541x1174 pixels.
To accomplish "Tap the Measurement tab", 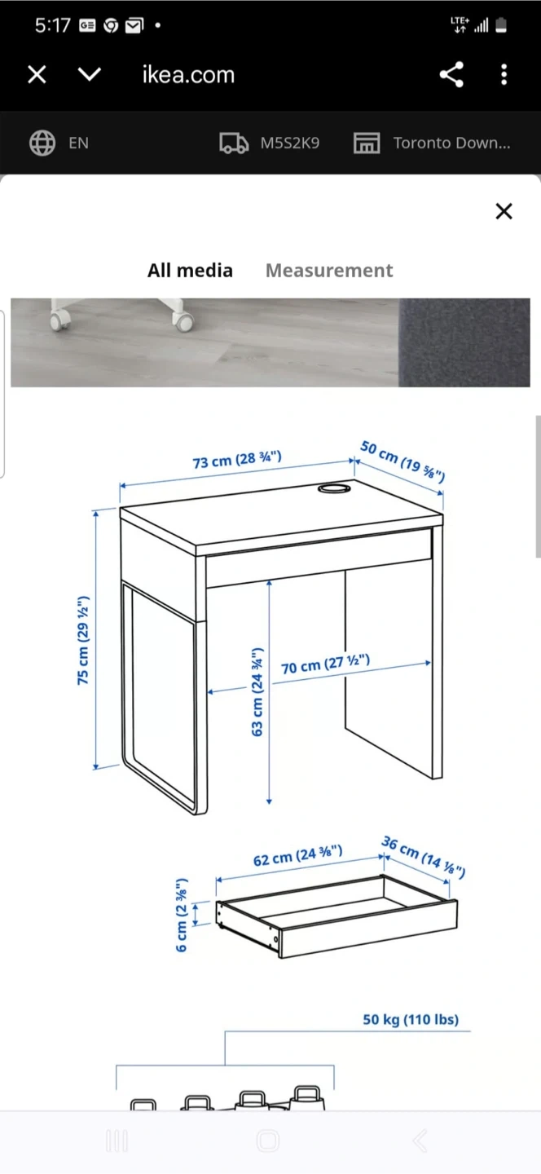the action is pos(329,271).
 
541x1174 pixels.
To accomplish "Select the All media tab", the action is pos(190,271).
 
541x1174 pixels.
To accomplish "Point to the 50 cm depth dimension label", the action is pos(402,461).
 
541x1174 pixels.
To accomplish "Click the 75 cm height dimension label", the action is pos(83,640).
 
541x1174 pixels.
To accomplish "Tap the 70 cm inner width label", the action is pos(325,664).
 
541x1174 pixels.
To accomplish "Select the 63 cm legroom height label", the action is pos(257,692).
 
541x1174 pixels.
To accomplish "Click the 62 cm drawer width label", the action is pos(297,856).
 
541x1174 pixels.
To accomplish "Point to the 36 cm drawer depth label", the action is pos(423,857).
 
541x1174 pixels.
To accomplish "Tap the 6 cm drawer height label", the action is pos(181,916).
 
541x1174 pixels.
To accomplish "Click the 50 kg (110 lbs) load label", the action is pos(411,1019).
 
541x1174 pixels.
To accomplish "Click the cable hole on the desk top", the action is pos(333,488).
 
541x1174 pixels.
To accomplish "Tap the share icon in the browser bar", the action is pos(451,74).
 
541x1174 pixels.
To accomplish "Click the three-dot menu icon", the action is pos(504,74).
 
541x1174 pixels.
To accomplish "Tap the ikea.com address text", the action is pos(188,75).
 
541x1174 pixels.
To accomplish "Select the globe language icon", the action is pos(42,143).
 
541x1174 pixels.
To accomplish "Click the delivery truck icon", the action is pos(234,143).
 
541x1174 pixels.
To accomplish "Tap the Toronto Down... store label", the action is pos(451,143).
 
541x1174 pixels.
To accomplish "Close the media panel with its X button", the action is pos(504,211).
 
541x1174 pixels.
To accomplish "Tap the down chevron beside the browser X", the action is pos(90,74).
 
